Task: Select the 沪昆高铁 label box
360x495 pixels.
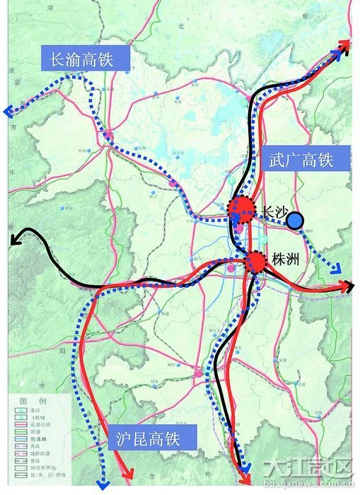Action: pos(147,438)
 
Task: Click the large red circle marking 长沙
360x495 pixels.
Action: pos(240,208)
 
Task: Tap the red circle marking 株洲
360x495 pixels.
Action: pos(256,262)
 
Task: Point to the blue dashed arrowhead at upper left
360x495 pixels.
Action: pos(8,111)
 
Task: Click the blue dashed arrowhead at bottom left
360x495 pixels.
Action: pos(103,485)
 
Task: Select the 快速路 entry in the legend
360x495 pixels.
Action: pos(38,438)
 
